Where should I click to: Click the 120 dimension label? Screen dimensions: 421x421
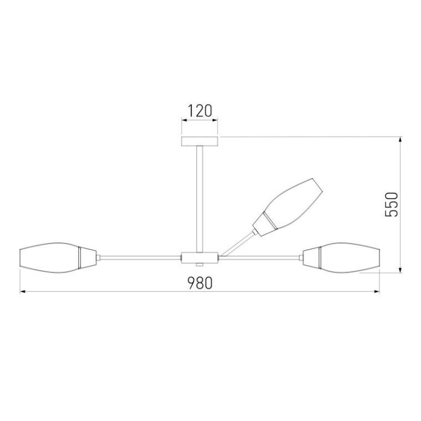200,111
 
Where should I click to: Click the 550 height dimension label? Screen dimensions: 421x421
392,205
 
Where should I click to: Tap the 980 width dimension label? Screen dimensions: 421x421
200,282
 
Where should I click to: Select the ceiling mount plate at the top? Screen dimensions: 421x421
200,141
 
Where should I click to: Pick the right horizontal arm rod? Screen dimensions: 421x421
259,257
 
